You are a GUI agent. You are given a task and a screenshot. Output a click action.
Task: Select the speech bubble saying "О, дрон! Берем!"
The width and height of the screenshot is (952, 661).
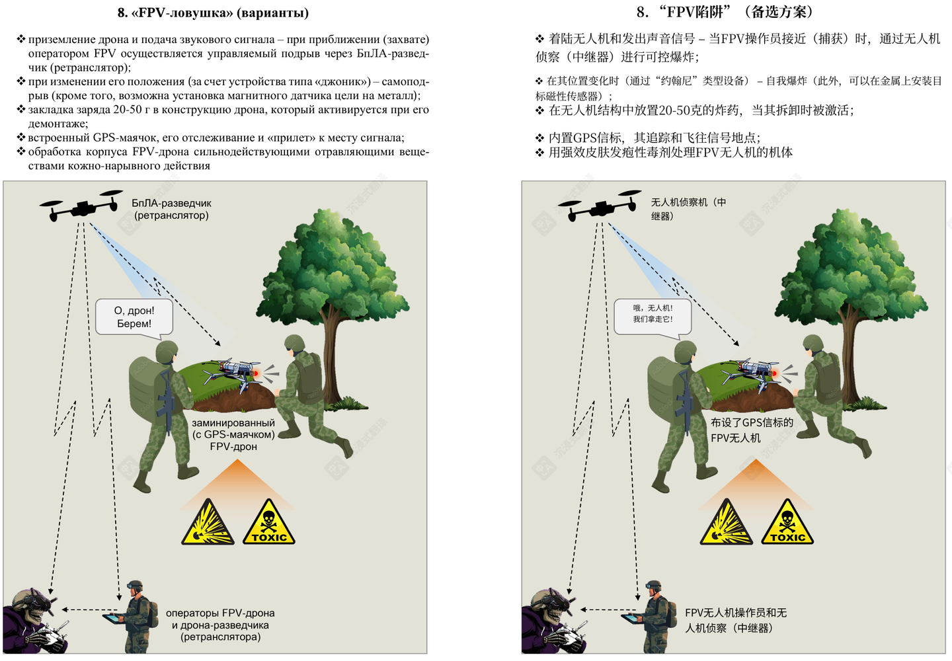134,317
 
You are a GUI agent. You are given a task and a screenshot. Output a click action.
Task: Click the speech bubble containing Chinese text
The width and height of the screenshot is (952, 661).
653,315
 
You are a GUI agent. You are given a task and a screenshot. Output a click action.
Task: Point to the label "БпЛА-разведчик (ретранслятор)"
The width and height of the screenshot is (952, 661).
171,210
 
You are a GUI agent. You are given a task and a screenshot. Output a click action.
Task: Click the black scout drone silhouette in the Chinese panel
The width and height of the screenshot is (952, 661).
599,206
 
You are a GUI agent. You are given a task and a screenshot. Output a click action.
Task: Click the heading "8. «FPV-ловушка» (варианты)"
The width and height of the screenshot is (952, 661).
213,13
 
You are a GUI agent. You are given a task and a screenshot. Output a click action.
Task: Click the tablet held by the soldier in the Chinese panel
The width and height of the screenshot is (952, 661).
632,617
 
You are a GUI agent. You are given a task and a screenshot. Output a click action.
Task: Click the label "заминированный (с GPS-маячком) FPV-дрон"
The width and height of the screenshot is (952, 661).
233,434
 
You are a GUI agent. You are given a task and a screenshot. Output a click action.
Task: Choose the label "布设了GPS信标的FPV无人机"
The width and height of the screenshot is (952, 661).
751,430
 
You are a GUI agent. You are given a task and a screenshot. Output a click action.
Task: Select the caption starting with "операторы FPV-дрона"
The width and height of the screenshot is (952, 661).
220,625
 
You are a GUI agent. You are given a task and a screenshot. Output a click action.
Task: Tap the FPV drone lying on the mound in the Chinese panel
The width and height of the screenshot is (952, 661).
754,373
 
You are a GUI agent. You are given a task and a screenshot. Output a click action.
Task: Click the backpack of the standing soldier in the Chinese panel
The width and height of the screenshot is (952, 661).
661,383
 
